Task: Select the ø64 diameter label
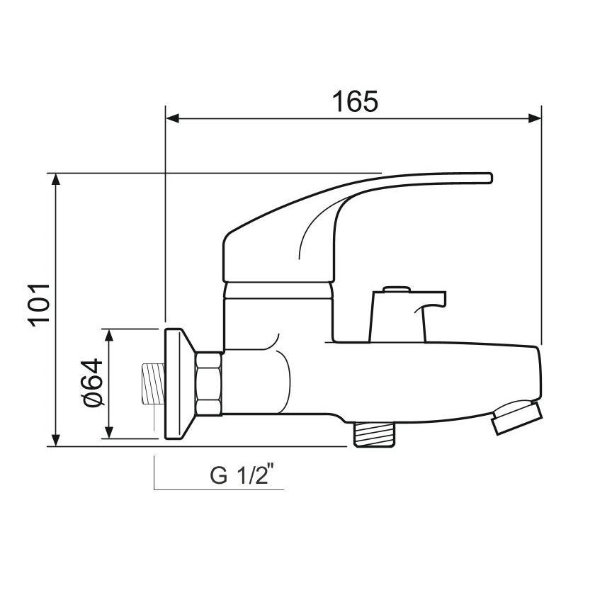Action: point(93,382)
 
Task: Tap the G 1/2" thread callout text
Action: point(241,475)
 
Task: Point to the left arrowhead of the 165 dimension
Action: point(171,118)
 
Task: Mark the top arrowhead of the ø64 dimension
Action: point(109,334)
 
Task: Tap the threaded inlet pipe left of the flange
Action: point(152,383)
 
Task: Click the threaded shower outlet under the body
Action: point(373,432)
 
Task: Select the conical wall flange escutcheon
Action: point(178,383)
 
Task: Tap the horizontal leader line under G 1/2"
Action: point(220,489)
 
